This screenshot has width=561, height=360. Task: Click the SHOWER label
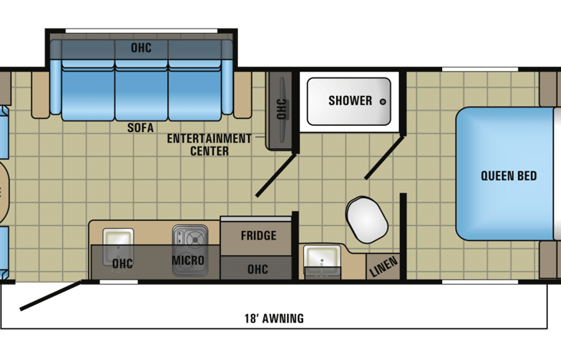coord(350,101)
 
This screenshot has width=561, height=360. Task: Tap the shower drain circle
coord(383,101)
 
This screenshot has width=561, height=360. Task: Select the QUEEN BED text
coord(508,176)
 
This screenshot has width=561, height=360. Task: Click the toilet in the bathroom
coord(367,219)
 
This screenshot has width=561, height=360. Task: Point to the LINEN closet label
coord(383,266)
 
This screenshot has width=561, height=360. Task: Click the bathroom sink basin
coord(322,259)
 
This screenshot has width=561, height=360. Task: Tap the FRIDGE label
coord(259,236)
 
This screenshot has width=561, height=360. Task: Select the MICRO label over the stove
coord(188,260)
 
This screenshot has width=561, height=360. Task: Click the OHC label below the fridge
coord(258,269)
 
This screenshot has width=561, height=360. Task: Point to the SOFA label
coord(140,127)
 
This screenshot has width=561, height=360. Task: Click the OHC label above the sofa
coord(141,48)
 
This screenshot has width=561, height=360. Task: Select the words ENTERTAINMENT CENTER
coord(210,144)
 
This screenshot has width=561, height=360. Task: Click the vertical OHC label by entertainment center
coord(282,109)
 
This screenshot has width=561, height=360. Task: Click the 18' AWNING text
coord(274,318)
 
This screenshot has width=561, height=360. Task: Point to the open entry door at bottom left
coord(51,296)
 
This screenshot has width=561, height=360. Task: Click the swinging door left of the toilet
coord(276,175)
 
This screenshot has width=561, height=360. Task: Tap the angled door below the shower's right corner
coord(384,157)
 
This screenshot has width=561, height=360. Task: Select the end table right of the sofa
coord(243,94)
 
